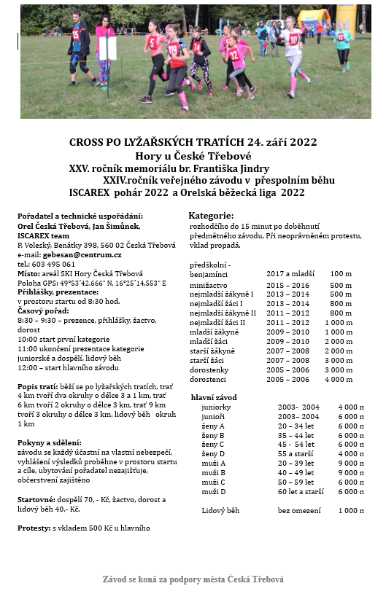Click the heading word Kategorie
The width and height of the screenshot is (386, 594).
[211, 216]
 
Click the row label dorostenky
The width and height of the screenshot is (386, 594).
[209, 370]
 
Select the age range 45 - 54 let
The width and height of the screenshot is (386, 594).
[290, 445]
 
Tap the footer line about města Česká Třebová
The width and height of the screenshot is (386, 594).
[193, 579]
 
